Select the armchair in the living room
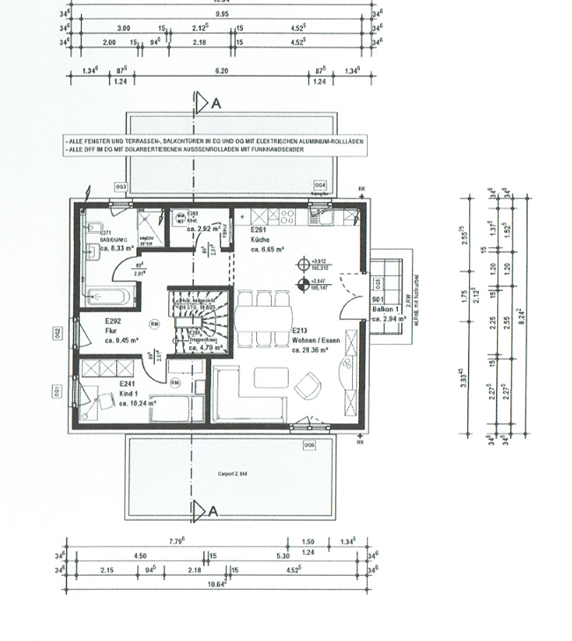coord(310,385)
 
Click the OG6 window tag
coord(309,446)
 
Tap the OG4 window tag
coord(320,186)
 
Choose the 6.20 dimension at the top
coord(221,69)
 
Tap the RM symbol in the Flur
coord(155,323)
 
